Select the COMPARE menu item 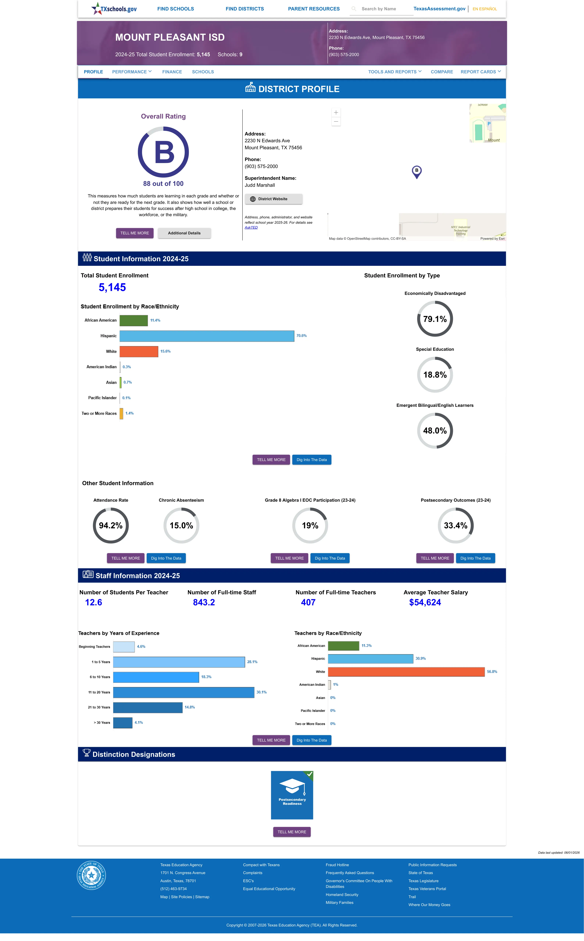click(x=442, y=72)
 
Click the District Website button click(x=274, y=199)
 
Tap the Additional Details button click(x=184, y=233)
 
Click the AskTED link click(x=251, y=227)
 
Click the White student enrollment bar click(x=139, y=351)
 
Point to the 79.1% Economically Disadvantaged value click(x=435, y=319)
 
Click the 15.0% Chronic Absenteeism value click(x=181, y=526)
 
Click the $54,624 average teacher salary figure click(x=425, y=602)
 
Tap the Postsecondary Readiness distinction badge click(x=292, y=795)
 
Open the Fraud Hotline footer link click(x=337, y=865)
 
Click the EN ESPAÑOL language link click(x=485, y=9)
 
